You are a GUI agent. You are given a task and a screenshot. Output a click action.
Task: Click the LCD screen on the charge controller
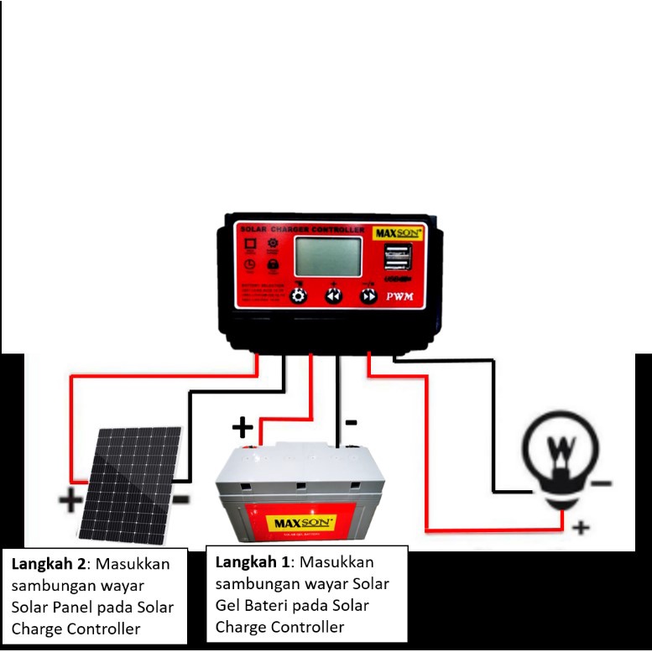click(328, 256)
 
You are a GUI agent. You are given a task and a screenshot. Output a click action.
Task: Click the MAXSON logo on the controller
click(398, 231)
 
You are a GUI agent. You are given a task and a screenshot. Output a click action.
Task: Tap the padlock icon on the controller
click(273, 265)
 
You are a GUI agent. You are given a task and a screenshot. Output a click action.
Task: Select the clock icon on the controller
click(249, 265)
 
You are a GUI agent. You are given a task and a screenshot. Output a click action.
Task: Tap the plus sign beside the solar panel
click(71, 503)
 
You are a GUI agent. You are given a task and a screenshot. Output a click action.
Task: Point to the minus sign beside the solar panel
click(180, 499)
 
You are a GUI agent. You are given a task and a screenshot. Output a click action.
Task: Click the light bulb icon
click(560, 459)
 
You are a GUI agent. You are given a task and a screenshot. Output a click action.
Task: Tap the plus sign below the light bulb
click(580, 528)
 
